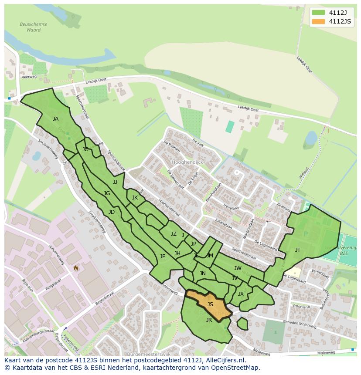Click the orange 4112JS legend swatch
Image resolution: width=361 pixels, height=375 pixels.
pyautogui.click(x=318, y=22)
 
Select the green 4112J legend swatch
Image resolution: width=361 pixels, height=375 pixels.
pyautogui.click(x=318, y=12)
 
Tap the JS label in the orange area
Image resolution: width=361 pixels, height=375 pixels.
pyautogui.click(x=210, y=304)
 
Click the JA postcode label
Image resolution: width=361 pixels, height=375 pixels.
pyautogui.click(x=55, y=118)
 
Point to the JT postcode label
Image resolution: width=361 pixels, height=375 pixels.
pyautogui.click(x=298, y=250)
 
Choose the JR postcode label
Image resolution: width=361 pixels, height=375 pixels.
pyautogui.click(x=209, y=320)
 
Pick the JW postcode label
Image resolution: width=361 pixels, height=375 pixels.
pyautogui.click(x=238, y=268)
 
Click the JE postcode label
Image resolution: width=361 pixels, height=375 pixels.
pyautogui.click(x=163, y=257)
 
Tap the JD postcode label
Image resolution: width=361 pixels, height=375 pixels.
pyautogui.click(x=112, y=212)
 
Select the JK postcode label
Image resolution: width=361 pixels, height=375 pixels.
pyautogui.click(x=135, y=198)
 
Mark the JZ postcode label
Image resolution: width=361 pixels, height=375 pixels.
pyautogui.click(x=174, y=234)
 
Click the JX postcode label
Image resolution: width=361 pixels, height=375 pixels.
pyautogui.click(x=241, y=294)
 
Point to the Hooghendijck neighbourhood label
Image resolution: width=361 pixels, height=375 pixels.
pyautogui.click(x=187, y=162)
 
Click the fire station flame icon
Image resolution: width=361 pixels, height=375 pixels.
pyautogui.click(x=76, y=268)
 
